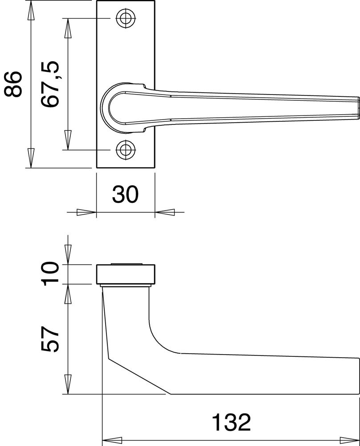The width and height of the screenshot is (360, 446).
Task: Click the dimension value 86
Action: click(x=12, y=84)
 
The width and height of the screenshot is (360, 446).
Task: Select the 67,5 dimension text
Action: click(x=50, y=84)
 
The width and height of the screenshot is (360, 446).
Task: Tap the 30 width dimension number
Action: click(x=125, y=194)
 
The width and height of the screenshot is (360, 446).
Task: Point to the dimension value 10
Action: click(x=50, y=274)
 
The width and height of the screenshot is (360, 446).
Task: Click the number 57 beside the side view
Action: click(x=50, y=339)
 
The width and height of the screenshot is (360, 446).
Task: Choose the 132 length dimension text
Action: click(x=232, y=422)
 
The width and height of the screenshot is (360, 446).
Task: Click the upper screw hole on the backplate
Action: click(x=125, y=19)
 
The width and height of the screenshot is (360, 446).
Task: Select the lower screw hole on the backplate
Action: click(x=126, y=149)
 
